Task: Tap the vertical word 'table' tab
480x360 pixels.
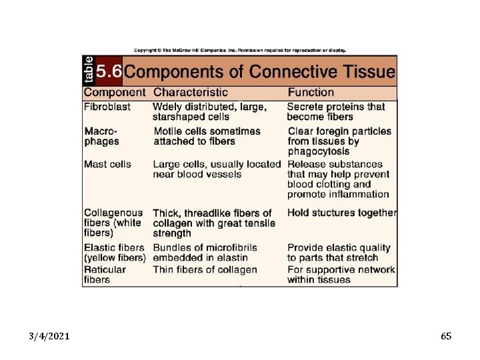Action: click(89, 69)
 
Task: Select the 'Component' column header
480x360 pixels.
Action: click(114, 93)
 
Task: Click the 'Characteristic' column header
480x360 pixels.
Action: click(190, 93)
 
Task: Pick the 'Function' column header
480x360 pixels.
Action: click(311, 93)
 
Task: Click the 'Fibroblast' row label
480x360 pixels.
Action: click(107, 107)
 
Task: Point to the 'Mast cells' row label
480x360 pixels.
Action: click(107, 164)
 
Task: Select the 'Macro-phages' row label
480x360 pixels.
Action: click(102, 136)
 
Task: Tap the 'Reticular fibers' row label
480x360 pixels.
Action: click(105, 275)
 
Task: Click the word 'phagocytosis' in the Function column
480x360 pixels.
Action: click(319, 151)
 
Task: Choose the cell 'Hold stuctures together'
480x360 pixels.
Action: click(342, 213)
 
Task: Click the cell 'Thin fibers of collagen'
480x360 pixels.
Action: click(205, 270)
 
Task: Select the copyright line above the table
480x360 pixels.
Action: click(240, 50)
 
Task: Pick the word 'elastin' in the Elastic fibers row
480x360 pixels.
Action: click(231, 258)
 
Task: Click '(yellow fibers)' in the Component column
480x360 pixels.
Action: click(115, 258)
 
